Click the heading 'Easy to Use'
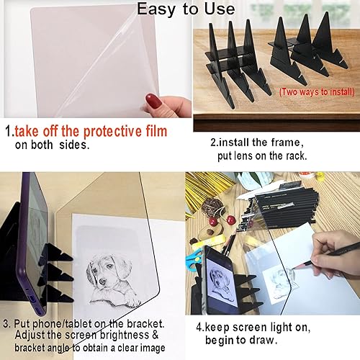tap(186, 9)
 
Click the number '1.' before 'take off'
tap(10, 132)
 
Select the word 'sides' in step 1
tap(73, 144)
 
